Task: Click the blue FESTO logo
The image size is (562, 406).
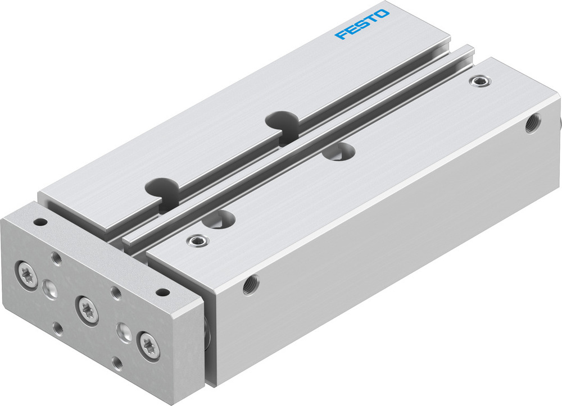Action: click(361, 24)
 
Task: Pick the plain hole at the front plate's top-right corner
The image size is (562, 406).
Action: click(162, 292)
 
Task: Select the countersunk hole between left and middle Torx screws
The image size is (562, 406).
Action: click(48, 289)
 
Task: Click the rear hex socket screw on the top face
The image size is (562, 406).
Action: click(478, 81)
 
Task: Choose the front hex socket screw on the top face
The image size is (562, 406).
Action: click(197, 241)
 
